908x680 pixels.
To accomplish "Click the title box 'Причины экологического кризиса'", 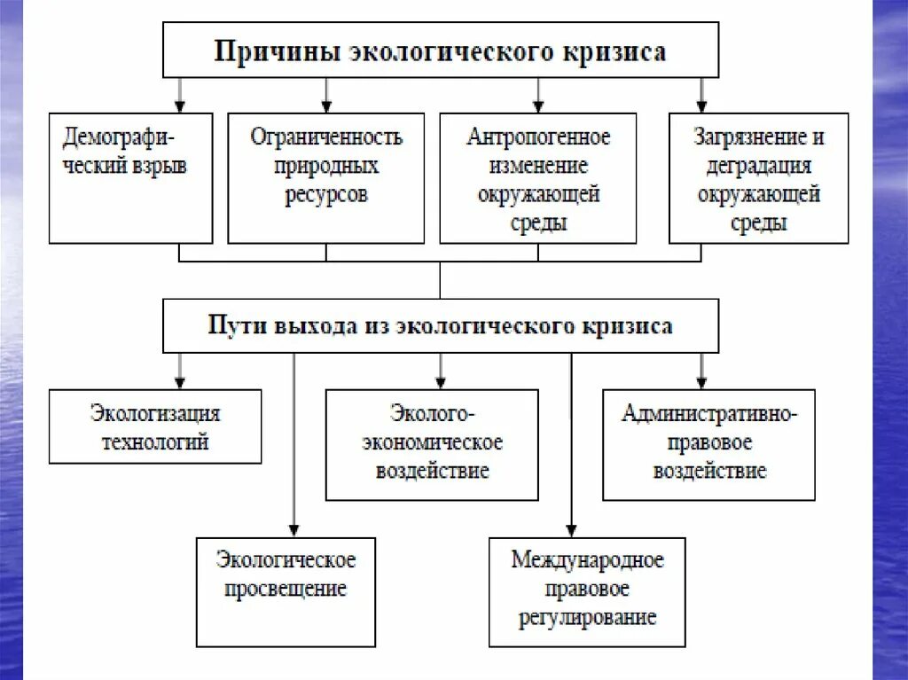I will coord(440,51).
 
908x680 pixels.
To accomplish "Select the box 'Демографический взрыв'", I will coord(130,177).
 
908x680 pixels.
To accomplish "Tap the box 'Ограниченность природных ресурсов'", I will coord(326,177).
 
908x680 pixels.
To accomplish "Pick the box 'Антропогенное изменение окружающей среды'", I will coord(538,177).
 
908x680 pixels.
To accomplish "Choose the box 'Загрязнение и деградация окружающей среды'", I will coord(758,177).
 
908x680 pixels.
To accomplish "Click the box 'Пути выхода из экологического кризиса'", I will coord(440,325).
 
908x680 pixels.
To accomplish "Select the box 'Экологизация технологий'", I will coord(155,426).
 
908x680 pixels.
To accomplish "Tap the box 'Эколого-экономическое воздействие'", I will coord(432,444).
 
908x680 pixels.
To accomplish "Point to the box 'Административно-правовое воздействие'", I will coord(708,444).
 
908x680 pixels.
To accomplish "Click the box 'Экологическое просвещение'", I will coord(286,591).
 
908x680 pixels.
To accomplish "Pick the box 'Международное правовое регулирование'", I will coord(587,591).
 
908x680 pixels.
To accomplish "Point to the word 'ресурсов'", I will coord(326,195).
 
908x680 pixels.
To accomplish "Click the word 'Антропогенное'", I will coord(538,137).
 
